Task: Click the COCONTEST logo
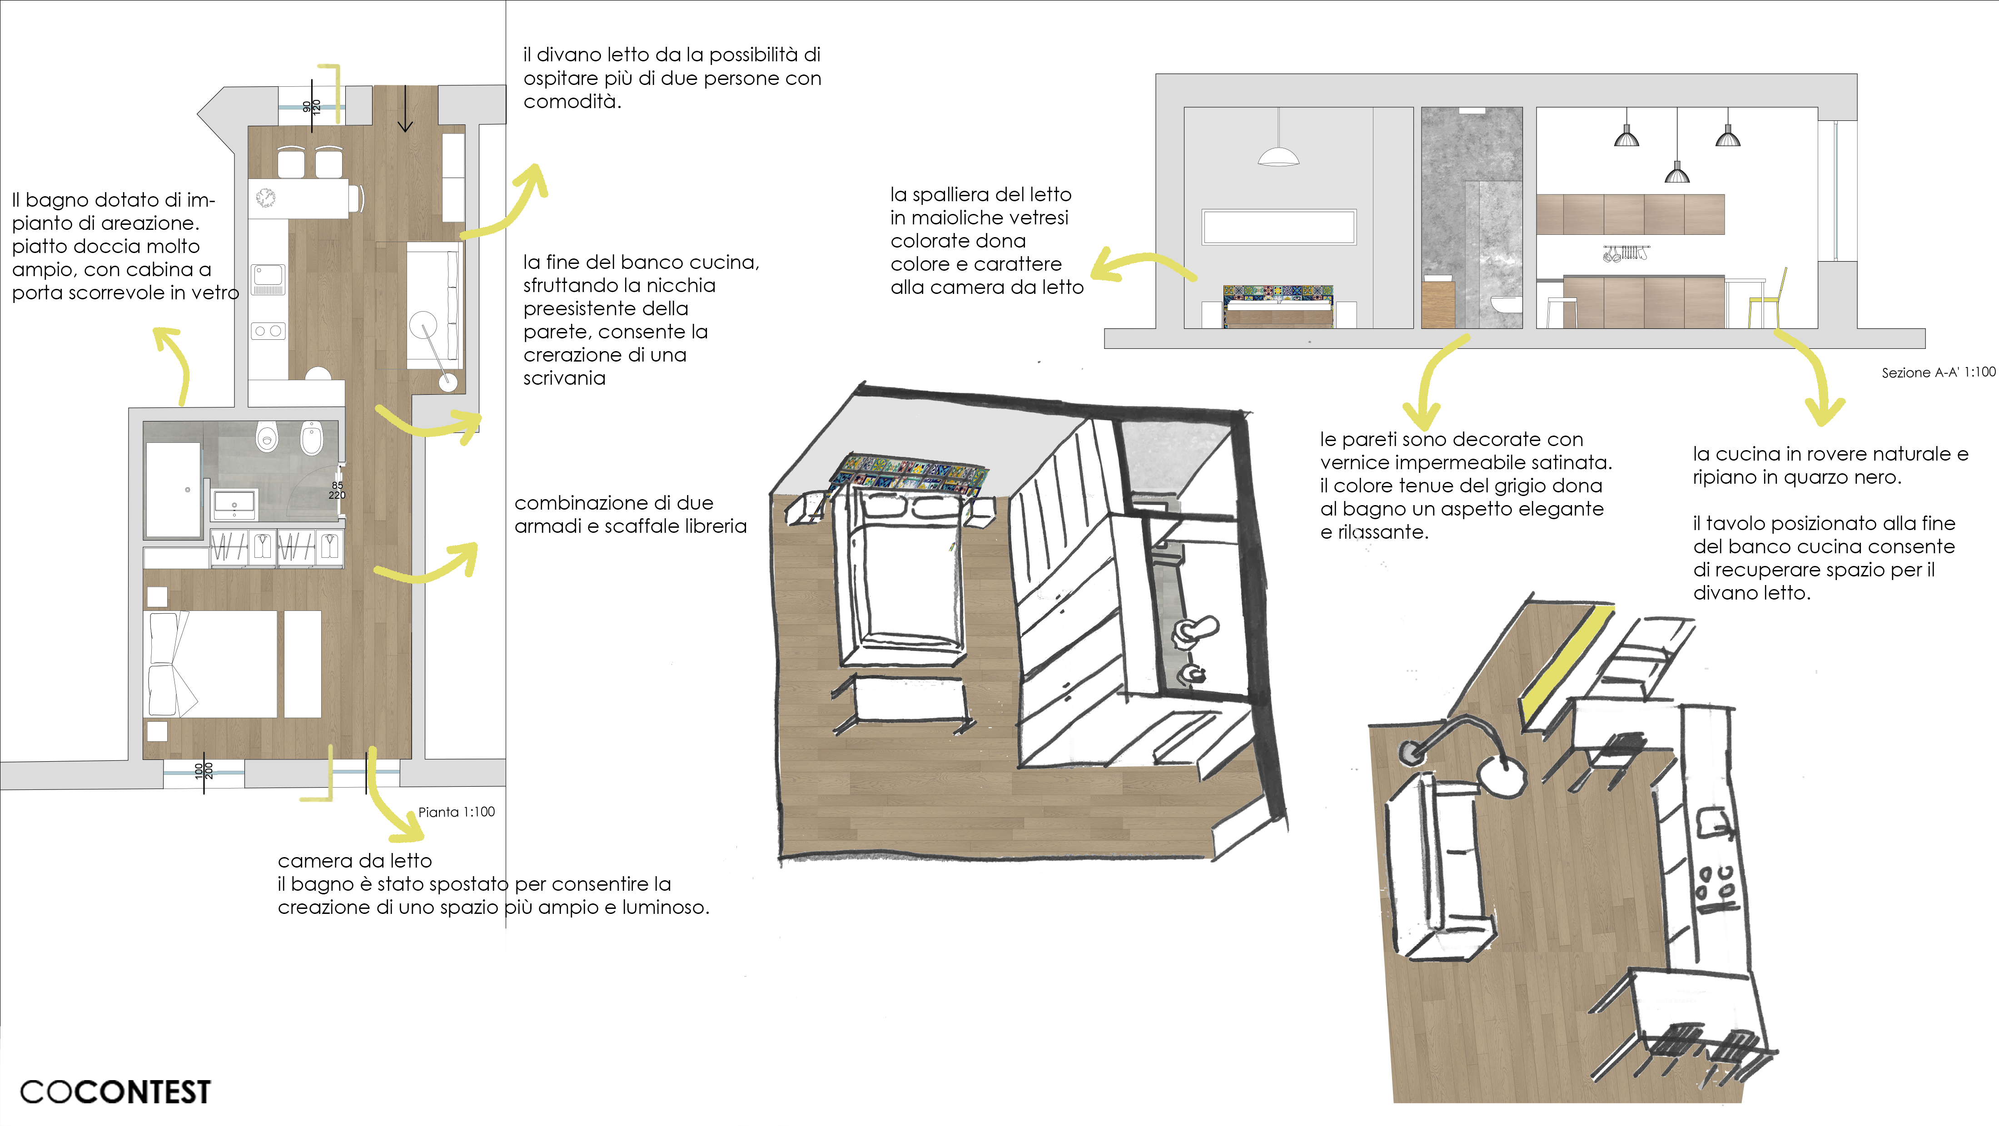coord(115,1092)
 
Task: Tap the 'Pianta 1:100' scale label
coord(456,812)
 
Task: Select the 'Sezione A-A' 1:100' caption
coord(1938,372)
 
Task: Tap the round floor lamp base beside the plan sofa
coord(447,381)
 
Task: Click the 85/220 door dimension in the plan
coord(337,491)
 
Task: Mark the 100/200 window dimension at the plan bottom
coord(204,771)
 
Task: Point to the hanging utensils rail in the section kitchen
coord(1625,253)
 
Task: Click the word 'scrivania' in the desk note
coord(564,379)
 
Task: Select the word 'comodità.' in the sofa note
coord(572,102)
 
